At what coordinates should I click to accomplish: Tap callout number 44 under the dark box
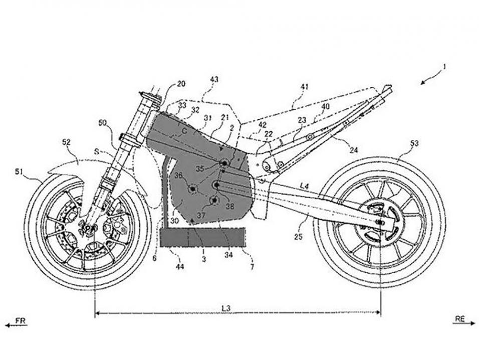tap(179, 266)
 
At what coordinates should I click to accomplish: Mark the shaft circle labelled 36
tap(191, 189)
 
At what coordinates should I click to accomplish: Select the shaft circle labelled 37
tap(215, 201)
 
